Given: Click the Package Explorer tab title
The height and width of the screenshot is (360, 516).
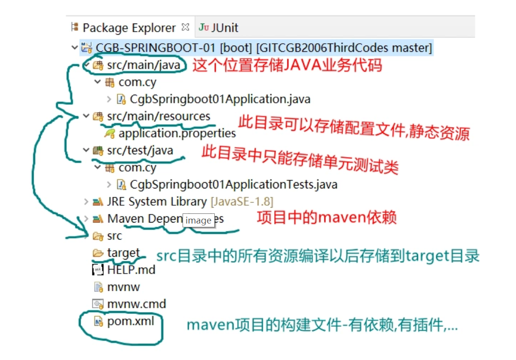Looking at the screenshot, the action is coord(129,28).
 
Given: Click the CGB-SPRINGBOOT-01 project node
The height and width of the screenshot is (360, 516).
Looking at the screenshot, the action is coord(263,48).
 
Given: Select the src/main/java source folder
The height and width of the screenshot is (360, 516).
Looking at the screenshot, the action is coord(144,65).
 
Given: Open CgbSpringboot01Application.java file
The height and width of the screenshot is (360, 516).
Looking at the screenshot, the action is coord(220,99).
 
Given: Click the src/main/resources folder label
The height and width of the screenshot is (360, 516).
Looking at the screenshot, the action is coord(159,116).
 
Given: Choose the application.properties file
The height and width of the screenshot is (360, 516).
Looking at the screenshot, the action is coord(177,133).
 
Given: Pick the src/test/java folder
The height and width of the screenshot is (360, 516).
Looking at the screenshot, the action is coord(140,150).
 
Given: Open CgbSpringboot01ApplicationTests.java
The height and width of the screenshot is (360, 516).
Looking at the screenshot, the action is coord(233,185).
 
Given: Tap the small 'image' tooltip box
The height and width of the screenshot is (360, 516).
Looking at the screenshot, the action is coord(198,221).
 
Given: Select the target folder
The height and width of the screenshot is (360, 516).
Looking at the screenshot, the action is coord(123,253).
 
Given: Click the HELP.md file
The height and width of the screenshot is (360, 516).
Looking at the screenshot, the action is coord(131,270).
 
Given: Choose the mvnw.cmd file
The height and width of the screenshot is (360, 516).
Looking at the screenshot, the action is coord(136,304).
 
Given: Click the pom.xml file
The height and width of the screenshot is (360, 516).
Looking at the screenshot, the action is coord(131,321).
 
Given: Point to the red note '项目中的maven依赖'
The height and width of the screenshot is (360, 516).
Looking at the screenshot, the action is coord(327,218).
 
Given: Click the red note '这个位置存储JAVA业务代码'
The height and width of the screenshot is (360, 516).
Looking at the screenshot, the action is coord(287,65).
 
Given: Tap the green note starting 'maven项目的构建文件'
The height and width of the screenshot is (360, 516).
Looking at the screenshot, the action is coord(322,325).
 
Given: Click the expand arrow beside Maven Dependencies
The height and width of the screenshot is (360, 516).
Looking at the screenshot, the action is coord(86,219).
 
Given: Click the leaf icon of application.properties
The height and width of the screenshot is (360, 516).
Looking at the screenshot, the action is coord(110,133).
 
